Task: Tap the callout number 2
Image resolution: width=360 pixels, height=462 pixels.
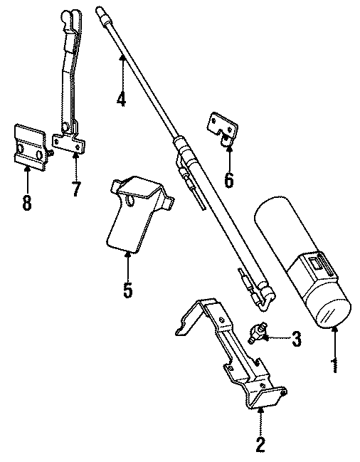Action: pos(260,445)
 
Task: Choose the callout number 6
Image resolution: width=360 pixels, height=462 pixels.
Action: pos(228,180)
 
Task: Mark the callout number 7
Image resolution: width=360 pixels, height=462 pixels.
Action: pos(75,189)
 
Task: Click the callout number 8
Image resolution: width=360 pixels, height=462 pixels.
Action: pos(26,203)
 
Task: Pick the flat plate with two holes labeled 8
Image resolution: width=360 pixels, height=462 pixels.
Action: pos(29,146)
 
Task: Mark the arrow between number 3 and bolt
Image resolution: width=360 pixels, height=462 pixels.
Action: pos(277,337)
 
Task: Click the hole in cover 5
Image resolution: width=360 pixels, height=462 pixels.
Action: pos(132,202)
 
